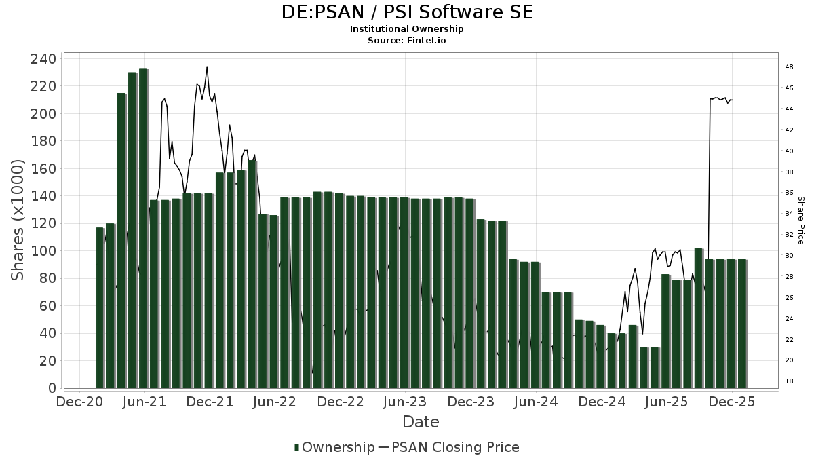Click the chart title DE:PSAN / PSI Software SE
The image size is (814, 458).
point(407,12)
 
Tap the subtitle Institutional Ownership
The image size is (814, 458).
point(407,29)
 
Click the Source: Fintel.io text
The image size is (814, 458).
point(407,40)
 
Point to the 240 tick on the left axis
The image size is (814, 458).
point(43,59)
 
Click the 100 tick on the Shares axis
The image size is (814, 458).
point(43,251)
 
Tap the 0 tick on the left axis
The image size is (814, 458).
point(52,389)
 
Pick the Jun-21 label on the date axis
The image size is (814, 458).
point(144,402)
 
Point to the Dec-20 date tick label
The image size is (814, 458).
point(79,402)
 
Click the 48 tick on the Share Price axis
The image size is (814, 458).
point(790,67)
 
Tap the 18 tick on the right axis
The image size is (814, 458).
point(790,381)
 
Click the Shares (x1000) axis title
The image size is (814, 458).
point(18,220)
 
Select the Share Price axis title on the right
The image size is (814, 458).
point(800,220)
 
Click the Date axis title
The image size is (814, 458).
point(421,422)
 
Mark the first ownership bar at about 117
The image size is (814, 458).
point(100,308)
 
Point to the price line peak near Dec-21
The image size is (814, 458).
point(207,68)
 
